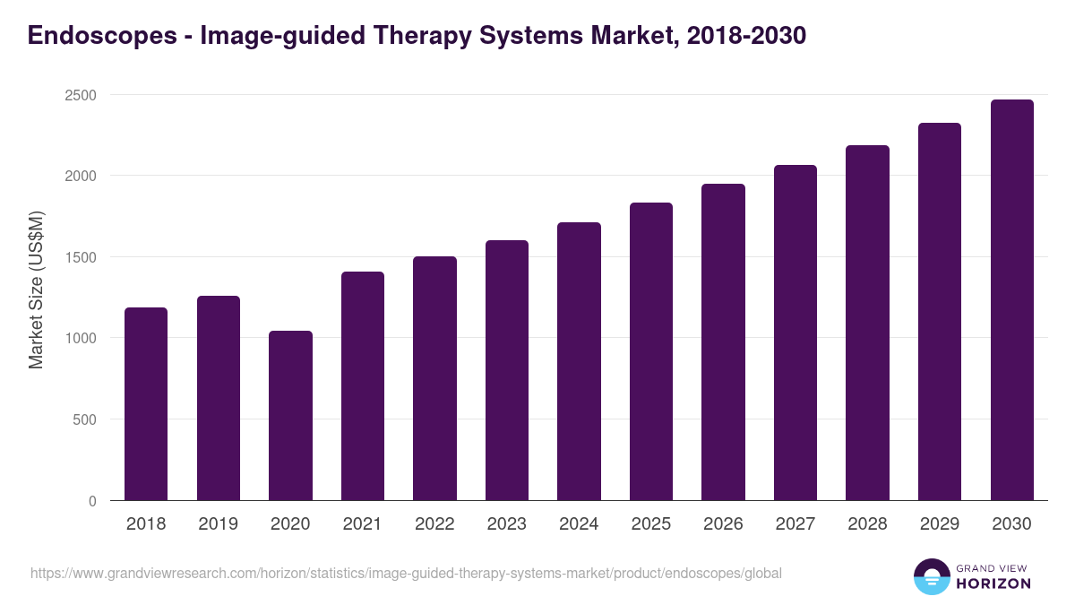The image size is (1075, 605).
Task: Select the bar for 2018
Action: [x=146, y=404]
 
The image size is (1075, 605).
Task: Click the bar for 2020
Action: [x=290, y=416]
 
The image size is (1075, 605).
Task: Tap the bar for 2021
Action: [x=363, y=386]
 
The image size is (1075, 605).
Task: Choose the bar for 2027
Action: [x=795, y=333]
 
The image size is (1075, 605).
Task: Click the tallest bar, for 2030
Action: [x=1011, y=300]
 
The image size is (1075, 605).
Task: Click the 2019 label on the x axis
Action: [x=219, y=524]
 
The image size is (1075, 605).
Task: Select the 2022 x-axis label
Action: [x=434, y=524]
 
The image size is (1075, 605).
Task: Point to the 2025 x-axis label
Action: [x=650, y=524]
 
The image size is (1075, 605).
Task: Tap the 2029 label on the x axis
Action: [x=939, y=524]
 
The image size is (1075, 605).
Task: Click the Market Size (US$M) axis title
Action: [x=36, y=289]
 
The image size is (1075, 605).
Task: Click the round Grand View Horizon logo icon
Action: [x=932, y=577]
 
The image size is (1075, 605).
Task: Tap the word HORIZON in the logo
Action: [x=994, y=583]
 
